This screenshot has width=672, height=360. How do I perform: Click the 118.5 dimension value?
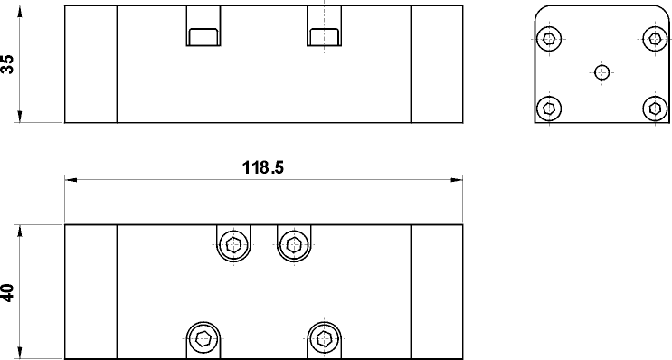pos(262,167)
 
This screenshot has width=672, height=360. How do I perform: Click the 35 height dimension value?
pos(8,64)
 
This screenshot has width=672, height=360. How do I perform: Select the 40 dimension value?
pos(8,293)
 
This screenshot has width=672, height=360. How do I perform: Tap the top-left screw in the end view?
pos(549,39)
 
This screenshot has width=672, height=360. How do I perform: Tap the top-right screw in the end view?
pos(655,39)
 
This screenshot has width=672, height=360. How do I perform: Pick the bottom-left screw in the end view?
pos(549,109)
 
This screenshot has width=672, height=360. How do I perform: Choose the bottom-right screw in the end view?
pos(655,109)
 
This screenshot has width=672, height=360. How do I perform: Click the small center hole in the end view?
pos(602,73)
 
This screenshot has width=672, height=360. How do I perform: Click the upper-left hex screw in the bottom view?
pos(233,245)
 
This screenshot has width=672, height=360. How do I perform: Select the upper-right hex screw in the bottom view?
pos(294,245)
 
